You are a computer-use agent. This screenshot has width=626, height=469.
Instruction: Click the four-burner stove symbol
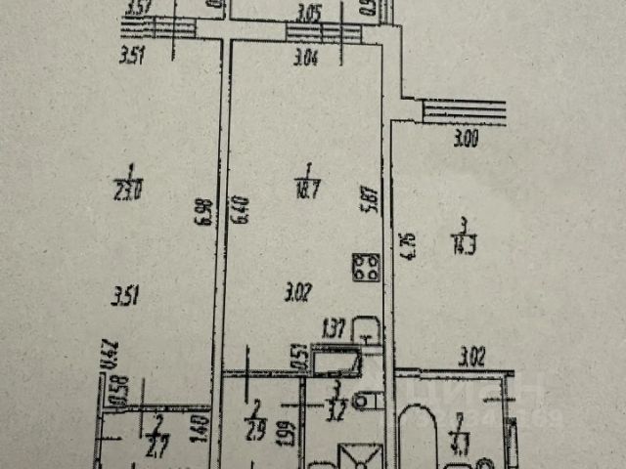368,267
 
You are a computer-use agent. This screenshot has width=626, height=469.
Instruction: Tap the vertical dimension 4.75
401,243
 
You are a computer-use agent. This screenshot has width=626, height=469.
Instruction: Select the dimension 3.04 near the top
305,57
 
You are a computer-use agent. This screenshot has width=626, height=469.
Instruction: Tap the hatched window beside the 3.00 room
464,111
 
